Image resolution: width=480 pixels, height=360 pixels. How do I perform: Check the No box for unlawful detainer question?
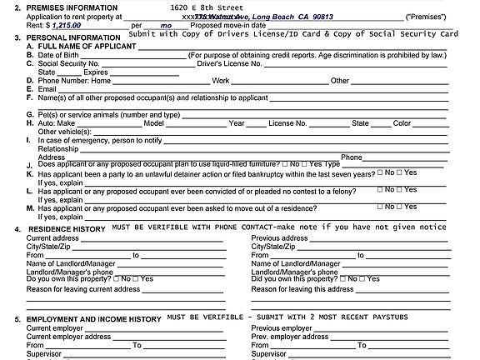click(x=379, y=172)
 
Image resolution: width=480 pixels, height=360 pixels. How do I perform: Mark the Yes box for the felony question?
click(x=400, y=190)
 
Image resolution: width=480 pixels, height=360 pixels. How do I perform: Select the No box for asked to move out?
click(x=379, y=207)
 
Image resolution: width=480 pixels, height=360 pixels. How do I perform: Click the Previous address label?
click(x=280, y=237)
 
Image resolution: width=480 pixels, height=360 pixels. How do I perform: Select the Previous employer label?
click(x=282, y=328)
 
